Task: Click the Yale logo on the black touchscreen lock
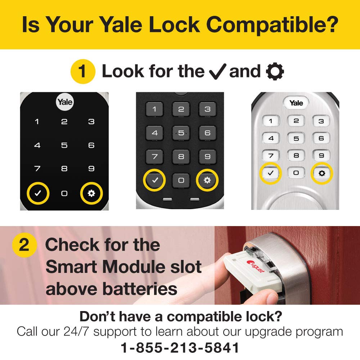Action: [x=64, y=102]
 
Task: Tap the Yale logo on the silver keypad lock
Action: [x=296, y=103]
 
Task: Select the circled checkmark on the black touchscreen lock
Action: [x=38, y=193]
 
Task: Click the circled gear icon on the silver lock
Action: [x=322, y=173]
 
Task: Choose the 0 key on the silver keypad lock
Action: [x=296, y=173]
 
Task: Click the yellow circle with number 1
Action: [x=82, y=71]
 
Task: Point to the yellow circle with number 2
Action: [x=24, y=245]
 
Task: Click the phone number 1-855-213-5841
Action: [x=180, y=348]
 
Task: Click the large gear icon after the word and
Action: [x=275, y=71]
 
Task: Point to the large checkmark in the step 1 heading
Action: [x=218, y=71]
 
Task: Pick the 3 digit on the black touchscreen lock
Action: [x=91, y=122]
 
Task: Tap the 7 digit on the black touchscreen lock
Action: [x=37, y=168]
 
